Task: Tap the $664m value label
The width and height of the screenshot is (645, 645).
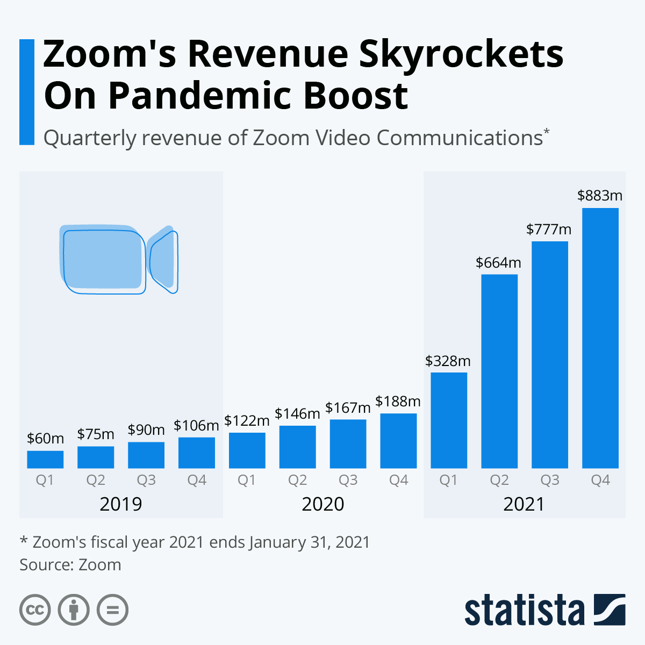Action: click(498, 263)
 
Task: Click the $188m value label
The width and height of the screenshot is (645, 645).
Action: click(398, 401)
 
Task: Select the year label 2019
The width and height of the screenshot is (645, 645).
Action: click(121, 504)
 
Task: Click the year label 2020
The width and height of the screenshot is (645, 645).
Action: click(322, 504)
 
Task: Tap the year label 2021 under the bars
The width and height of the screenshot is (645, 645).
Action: click(524, 504)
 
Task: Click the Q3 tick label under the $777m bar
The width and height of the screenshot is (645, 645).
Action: click(550, 480)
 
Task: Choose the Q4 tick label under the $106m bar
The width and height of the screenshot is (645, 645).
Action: click(197, 480)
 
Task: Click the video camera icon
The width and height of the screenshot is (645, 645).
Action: click(118, 259)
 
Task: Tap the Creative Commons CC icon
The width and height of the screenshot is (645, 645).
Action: click(35, 610)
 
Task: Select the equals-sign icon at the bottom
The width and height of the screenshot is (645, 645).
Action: click(112, 610)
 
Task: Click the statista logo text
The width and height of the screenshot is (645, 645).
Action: click(524, 610)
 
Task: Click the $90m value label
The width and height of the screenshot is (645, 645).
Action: click(146, 430)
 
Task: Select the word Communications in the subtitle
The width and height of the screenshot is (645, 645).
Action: click(460, 138)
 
